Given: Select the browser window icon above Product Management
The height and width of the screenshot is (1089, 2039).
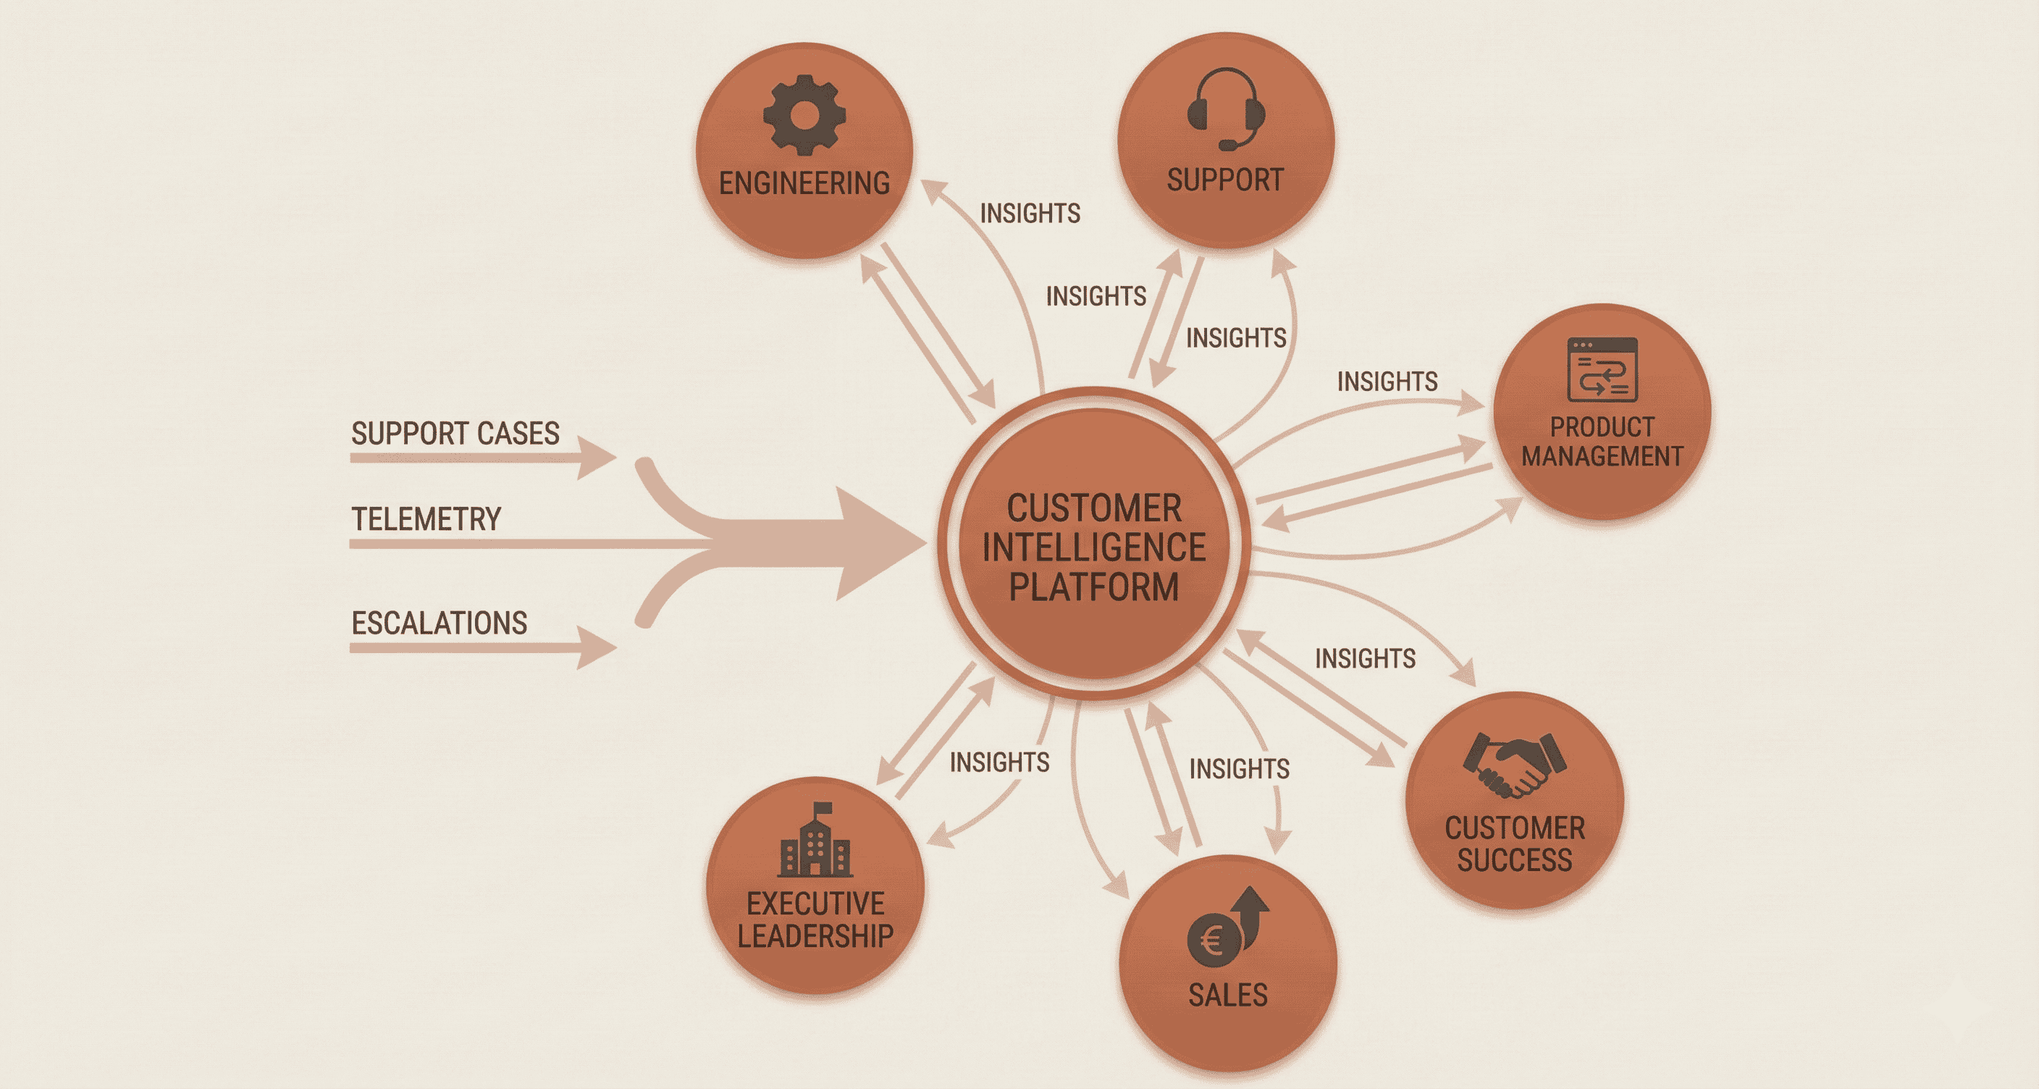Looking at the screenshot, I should (x=1602, y=369).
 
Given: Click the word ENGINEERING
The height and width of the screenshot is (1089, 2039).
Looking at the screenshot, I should (x=804, y=184).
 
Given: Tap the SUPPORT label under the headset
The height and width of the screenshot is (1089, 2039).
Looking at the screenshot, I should (x=1225, y=180).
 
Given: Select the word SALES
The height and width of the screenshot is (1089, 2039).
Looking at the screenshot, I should (x=1228, y=995).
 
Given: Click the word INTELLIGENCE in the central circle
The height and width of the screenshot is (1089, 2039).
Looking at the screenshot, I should (x=1094, y=547).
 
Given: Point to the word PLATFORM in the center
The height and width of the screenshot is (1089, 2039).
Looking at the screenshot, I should (x=1094, y=587).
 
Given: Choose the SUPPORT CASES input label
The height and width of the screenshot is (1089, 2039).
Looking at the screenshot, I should (x=455, y=434).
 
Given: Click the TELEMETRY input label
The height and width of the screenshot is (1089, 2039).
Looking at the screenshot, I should (x=426, y=519).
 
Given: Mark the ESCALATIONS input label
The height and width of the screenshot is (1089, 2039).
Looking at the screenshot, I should (x=440, y=623).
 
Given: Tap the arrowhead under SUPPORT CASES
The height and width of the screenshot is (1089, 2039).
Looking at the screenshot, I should (x=595, y=458).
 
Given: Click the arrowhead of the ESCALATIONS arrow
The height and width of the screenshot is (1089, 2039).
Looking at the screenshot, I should (x=595, y=647).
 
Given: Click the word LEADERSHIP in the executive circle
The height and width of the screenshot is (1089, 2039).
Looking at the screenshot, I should (x=815, y=936).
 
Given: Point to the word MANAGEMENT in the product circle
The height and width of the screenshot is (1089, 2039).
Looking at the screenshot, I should (x=1602, y=457).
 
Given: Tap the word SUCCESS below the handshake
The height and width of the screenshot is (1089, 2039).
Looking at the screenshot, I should (x=1514, y=860).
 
